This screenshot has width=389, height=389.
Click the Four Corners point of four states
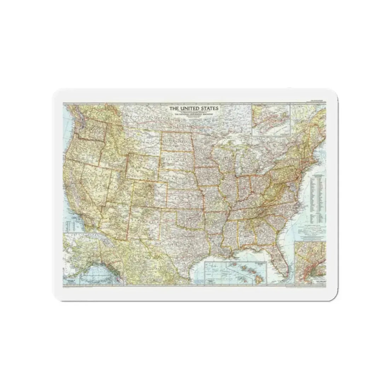click(x=131, y=205)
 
